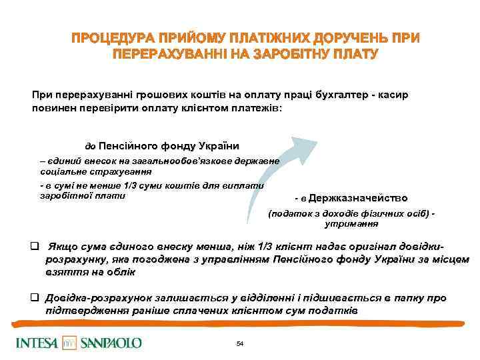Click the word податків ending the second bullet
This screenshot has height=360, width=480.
(x=336, y=311)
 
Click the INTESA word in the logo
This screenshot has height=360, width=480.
(x=36, y=343)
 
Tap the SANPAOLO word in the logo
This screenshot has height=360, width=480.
(x=111, y=343)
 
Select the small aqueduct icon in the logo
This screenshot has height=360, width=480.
(x=69, y=343)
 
